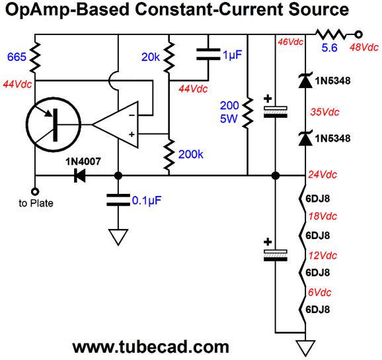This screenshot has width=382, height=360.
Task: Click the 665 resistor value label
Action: pos(17,57)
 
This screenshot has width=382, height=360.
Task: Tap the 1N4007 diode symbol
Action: pos(80,175)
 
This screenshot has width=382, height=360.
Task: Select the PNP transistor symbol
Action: pos(54,124)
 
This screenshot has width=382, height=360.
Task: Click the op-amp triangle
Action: pos(115,124)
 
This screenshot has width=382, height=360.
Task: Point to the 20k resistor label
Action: pos(151,58)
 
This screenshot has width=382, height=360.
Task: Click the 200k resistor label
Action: pos(191,154)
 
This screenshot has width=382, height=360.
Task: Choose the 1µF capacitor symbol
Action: pos(208,54)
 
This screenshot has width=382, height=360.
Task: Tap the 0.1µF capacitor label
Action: pos(147,201)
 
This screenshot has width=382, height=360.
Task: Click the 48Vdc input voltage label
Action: pos(364,48)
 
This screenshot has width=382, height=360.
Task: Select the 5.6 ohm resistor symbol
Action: pos(330,34)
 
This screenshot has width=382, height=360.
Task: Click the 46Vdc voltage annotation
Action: pos(290,42)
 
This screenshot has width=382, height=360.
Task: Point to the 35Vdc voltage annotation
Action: pos(325,112)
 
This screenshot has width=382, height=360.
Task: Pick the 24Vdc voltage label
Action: pos(323,175)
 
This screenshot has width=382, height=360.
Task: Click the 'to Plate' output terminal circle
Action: pos(35,192)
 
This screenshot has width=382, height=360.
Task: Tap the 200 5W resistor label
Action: pos(229,112)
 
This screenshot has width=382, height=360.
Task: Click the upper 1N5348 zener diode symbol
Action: pos(305,80)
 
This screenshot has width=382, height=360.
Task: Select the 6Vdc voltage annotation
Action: pos(320,292)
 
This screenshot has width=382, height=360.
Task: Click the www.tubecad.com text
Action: pos(151,347)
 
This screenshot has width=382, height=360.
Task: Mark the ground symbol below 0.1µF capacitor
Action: pos(118,237)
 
